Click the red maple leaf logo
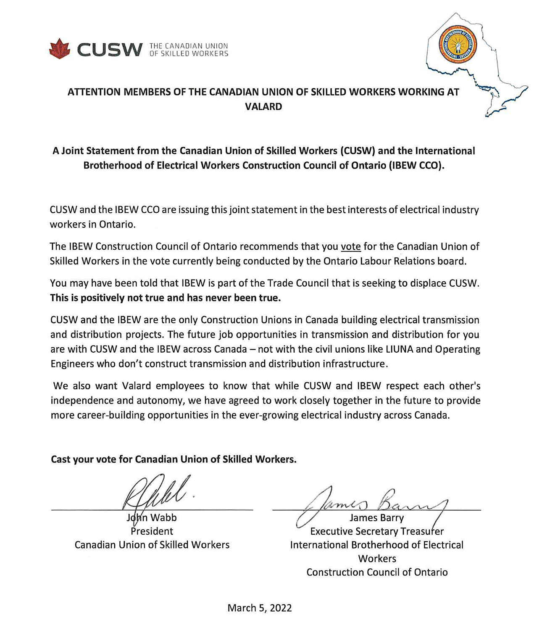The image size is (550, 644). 60,49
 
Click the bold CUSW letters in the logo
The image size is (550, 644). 110,50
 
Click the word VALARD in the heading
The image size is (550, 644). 263,107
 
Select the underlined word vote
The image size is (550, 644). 350,246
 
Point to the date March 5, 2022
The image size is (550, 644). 259,608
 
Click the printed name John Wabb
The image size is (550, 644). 152,518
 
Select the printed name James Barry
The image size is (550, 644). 376,518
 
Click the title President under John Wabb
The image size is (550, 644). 152,531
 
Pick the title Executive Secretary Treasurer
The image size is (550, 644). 376,532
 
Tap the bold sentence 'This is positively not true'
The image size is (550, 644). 165,298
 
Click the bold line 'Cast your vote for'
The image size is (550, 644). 174,459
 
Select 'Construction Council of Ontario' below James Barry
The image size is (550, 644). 376,573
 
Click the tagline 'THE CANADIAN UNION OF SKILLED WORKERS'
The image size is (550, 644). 189,50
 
